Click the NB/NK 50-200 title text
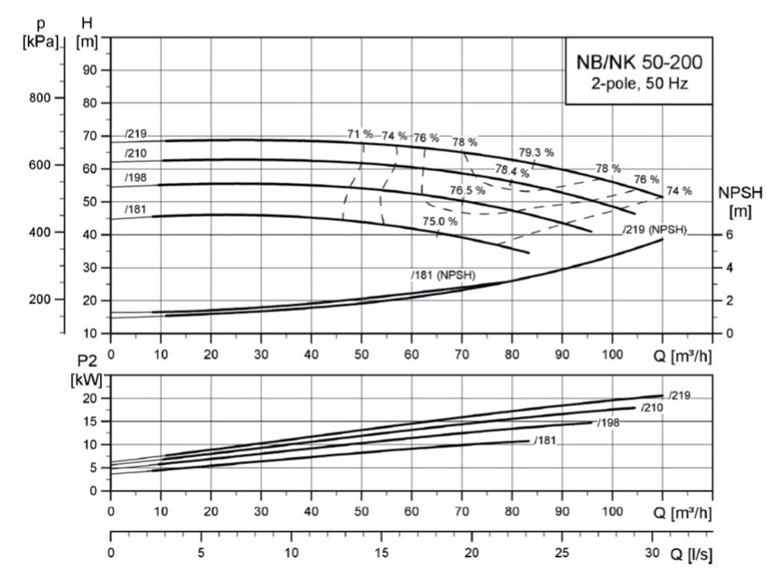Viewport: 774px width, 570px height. (639, 61)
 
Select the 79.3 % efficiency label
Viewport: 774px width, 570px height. (535, 152)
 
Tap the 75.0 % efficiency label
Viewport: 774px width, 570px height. (441, 221)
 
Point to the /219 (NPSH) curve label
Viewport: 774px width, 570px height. (654, 230)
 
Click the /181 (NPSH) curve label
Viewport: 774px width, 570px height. (443, 276)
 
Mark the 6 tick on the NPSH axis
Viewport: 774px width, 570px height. (728, 235)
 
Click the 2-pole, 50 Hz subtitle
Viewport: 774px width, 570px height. (639, 82)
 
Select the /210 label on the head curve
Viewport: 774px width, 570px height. (135, 153)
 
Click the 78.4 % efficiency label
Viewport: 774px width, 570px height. (512, 171)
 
